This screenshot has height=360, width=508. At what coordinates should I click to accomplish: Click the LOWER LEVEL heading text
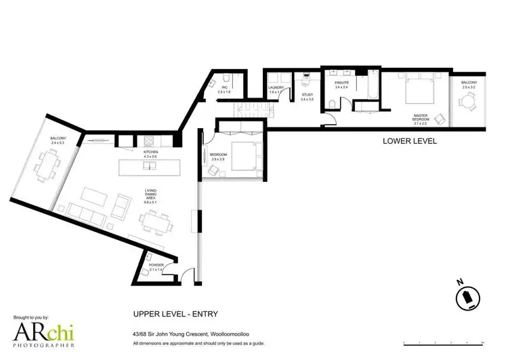(x=409, y=141)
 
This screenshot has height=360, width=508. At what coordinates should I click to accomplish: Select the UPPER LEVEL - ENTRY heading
(x=175, y=314)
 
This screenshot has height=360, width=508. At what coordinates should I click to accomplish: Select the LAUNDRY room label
(x=276, y=88)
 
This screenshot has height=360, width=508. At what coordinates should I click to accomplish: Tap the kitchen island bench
(x=151, y=167)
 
